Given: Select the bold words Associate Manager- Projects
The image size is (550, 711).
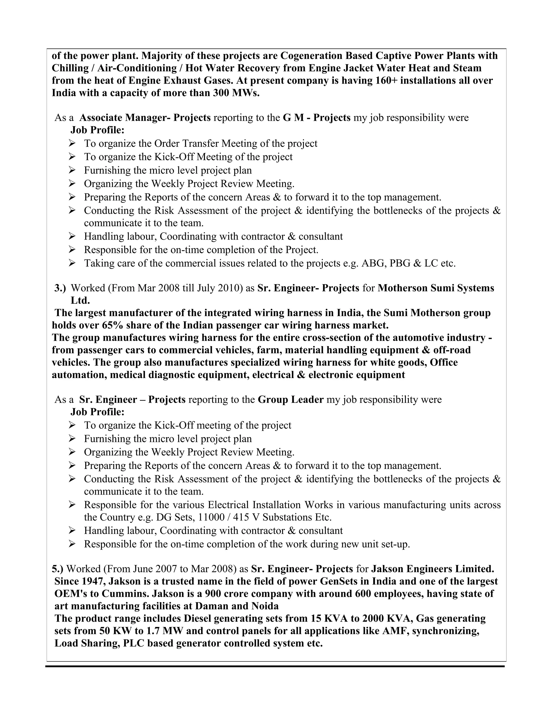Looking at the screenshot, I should [x=145, y=118].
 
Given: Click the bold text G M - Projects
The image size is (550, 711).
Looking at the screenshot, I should [x=316, y=118].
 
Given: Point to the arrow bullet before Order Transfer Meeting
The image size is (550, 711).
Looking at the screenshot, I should [x=72, y=143].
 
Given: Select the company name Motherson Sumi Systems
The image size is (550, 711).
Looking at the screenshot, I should [x=436, y=288].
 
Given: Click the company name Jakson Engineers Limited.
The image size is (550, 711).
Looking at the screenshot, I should [x=433, y=569].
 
